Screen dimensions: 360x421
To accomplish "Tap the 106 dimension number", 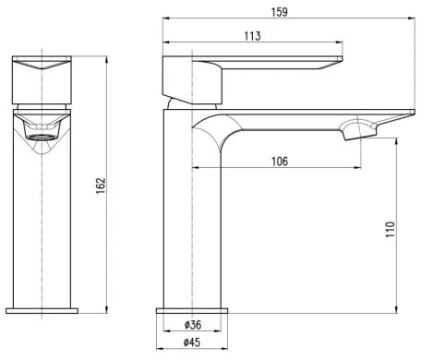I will pyautogui.click(x=281, y=162).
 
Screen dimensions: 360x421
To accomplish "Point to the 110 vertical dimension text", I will pyautogui.click(x=391, y=230).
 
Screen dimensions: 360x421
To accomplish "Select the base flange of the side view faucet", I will pyautogui.click(x=192, y=311).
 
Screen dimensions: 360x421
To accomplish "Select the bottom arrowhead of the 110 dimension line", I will pyautogui.click(x=399, y=309).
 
